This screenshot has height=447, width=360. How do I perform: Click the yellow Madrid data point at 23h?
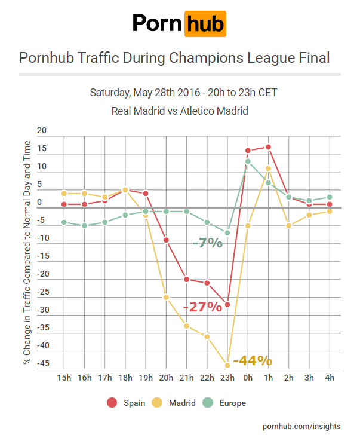point(227,365)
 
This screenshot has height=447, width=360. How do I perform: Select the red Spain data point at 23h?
point(227,304)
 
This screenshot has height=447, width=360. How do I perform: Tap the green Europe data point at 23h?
point(227,232)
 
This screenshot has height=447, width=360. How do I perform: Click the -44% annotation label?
point(253,361)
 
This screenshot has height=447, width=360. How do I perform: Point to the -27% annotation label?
point(202,307)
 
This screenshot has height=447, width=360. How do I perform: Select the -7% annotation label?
point(207,243)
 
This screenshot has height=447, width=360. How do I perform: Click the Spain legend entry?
point(127,403)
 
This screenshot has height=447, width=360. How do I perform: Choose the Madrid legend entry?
point(175,403)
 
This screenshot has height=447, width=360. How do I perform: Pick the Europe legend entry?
point(225,403)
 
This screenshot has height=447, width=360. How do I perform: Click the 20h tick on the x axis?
point(166,378)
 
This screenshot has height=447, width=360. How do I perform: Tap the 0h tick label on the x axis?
point(248,378)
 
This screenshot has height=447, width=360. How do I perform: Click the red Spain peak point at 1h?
point(269,147)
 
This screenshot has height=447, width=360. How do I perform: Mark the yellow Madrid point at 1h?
point(269,169)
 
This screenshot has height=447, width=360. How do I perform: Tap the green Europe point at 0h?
point(248,161)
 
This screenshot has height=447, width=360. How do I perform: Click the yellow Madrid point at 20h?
point(166,297)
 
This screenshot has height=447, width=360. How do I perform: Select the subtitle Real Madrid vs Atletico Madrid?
point(180,111)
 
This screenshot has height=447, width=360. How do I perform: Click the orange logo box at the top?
point(205,24)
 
